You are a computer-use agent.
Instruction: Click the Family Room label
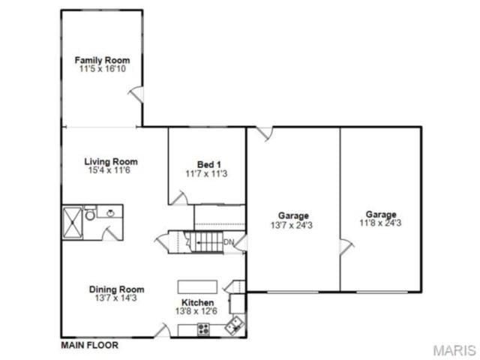[x=102, y=60]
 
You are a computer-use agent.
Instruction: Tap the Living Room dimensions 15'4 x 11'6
[x=109, y=170]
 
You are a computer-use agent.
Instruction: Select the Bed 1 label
[x=208, y=165]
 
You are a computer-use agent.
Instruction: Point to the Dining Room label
[x=117, y=289]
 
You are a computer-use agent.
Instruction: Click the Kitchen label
[x=198, y=302]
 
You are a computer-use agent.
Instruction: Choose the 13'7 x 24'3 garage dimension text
[x=292, y=225]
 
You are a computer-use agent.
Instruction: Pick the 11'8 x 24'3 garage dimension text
[x=380, y=223]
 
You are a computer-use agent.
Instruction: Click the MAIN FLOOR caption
[x=90, y=345]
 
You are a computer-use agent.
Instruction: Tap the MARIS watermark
[x=454, y=350]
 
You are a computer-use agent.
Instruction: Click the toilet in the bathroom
[x=90, y=213]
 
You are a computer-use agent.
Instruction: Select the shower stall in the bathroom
[x=73, y=223]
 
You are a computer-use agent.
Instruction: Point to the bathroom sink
[x=110, y=212]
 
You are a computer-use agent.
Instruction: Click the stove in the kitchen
[x=203, y=330]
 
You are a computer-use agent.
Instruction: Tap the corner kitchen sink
[x=235, y=325]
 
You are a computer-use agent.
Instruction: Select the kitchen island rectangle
[x=197, y=286]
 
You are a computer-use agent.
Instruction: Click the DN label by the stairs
[x=229, y=241]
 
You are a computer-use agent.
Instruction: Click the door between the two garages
[x=346, y=247]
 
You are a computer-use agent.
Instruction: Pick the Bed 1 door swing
[x=178, y=198]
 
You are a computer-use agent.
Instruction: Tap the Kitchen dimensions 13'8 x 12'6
[x=196, y=311]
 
